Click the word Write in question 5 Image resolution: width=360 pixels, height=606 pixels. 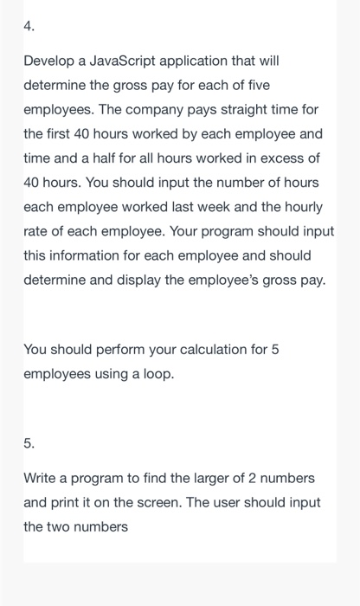click(x=41, y=478)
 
